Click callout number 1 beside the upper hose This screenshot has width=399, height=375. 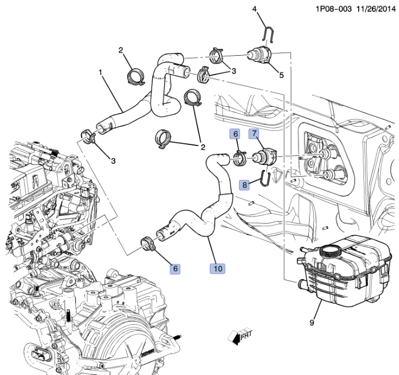[101, 73]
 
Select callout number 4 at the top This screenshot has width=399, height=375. [255, 9]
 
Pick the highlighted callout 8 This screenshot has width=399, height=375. [244, 185]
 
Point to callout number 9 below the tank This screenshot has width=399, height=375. [312, 323]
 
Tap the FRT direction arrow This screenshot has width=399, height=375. [239, 338]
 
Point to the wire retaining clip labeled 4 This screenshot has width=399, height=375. [268, 35]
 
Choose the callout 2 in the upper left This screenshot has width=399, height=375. [121, 51]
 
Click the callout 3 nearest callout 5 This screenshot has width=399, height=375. [233, 70]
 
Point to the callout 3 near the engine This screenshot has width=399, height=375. [113, 161]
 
